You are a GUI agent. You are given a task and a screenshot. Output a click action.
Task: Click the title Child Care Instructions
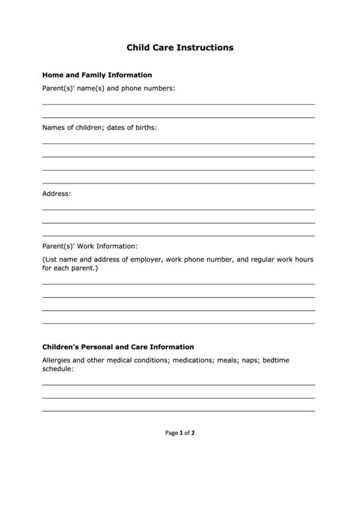[x=180, y=48]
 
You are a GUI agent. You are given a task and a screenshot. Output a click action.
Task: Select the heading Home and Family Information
[x=97, y=75]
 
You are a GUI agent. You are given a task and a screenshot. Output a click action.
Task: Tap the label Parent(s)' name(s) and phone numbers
[x=109, y=88]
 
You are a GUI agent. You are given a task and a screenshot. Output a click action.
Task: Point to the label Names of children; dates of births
[x=99, y=127]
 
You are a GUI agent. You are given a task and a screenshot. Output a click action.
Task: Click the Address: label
[x=56, y=194]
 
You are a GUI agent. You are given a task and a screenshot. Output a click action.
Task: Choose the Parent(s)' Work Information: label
[x=90, y=246]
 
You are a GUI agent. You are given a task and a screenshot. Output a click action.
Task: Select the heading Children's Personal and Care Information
[x=118, y=347]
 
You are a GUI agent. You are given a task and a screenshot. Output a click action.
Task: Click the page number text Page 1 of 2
[x=180, y=432]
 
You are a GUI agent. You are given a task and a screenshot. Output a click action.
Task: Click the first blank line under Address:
[x=179, y=209]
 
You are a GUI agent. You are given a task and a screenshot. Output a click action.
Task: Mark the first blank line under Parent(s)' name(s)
[x=179, y=104]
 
